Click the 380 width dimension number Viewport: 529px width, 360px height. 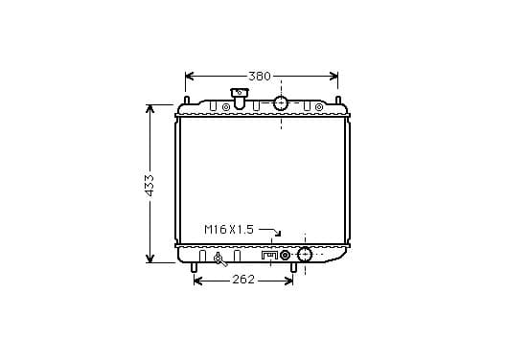[x=260, y=77]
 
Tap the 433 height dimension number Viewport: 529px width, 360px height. [x=149, y=186]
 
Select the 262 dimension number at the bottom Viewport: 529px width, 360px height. [x=243, y=280]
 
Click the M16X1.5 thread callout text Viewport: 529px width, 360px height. [x=229, y=230]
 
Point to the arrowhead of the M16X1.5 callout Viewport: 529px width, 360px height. [x=278, y=234]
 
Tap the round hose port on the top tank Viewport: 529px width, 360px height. [x=281, y=102]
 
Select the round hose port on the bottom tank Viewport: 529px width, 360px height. [x=305, y=254]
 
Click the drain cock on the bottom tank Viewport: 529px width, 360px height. [x=219, y=259]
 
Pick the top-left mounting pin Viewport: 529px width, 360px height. [x=186, y=101]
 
